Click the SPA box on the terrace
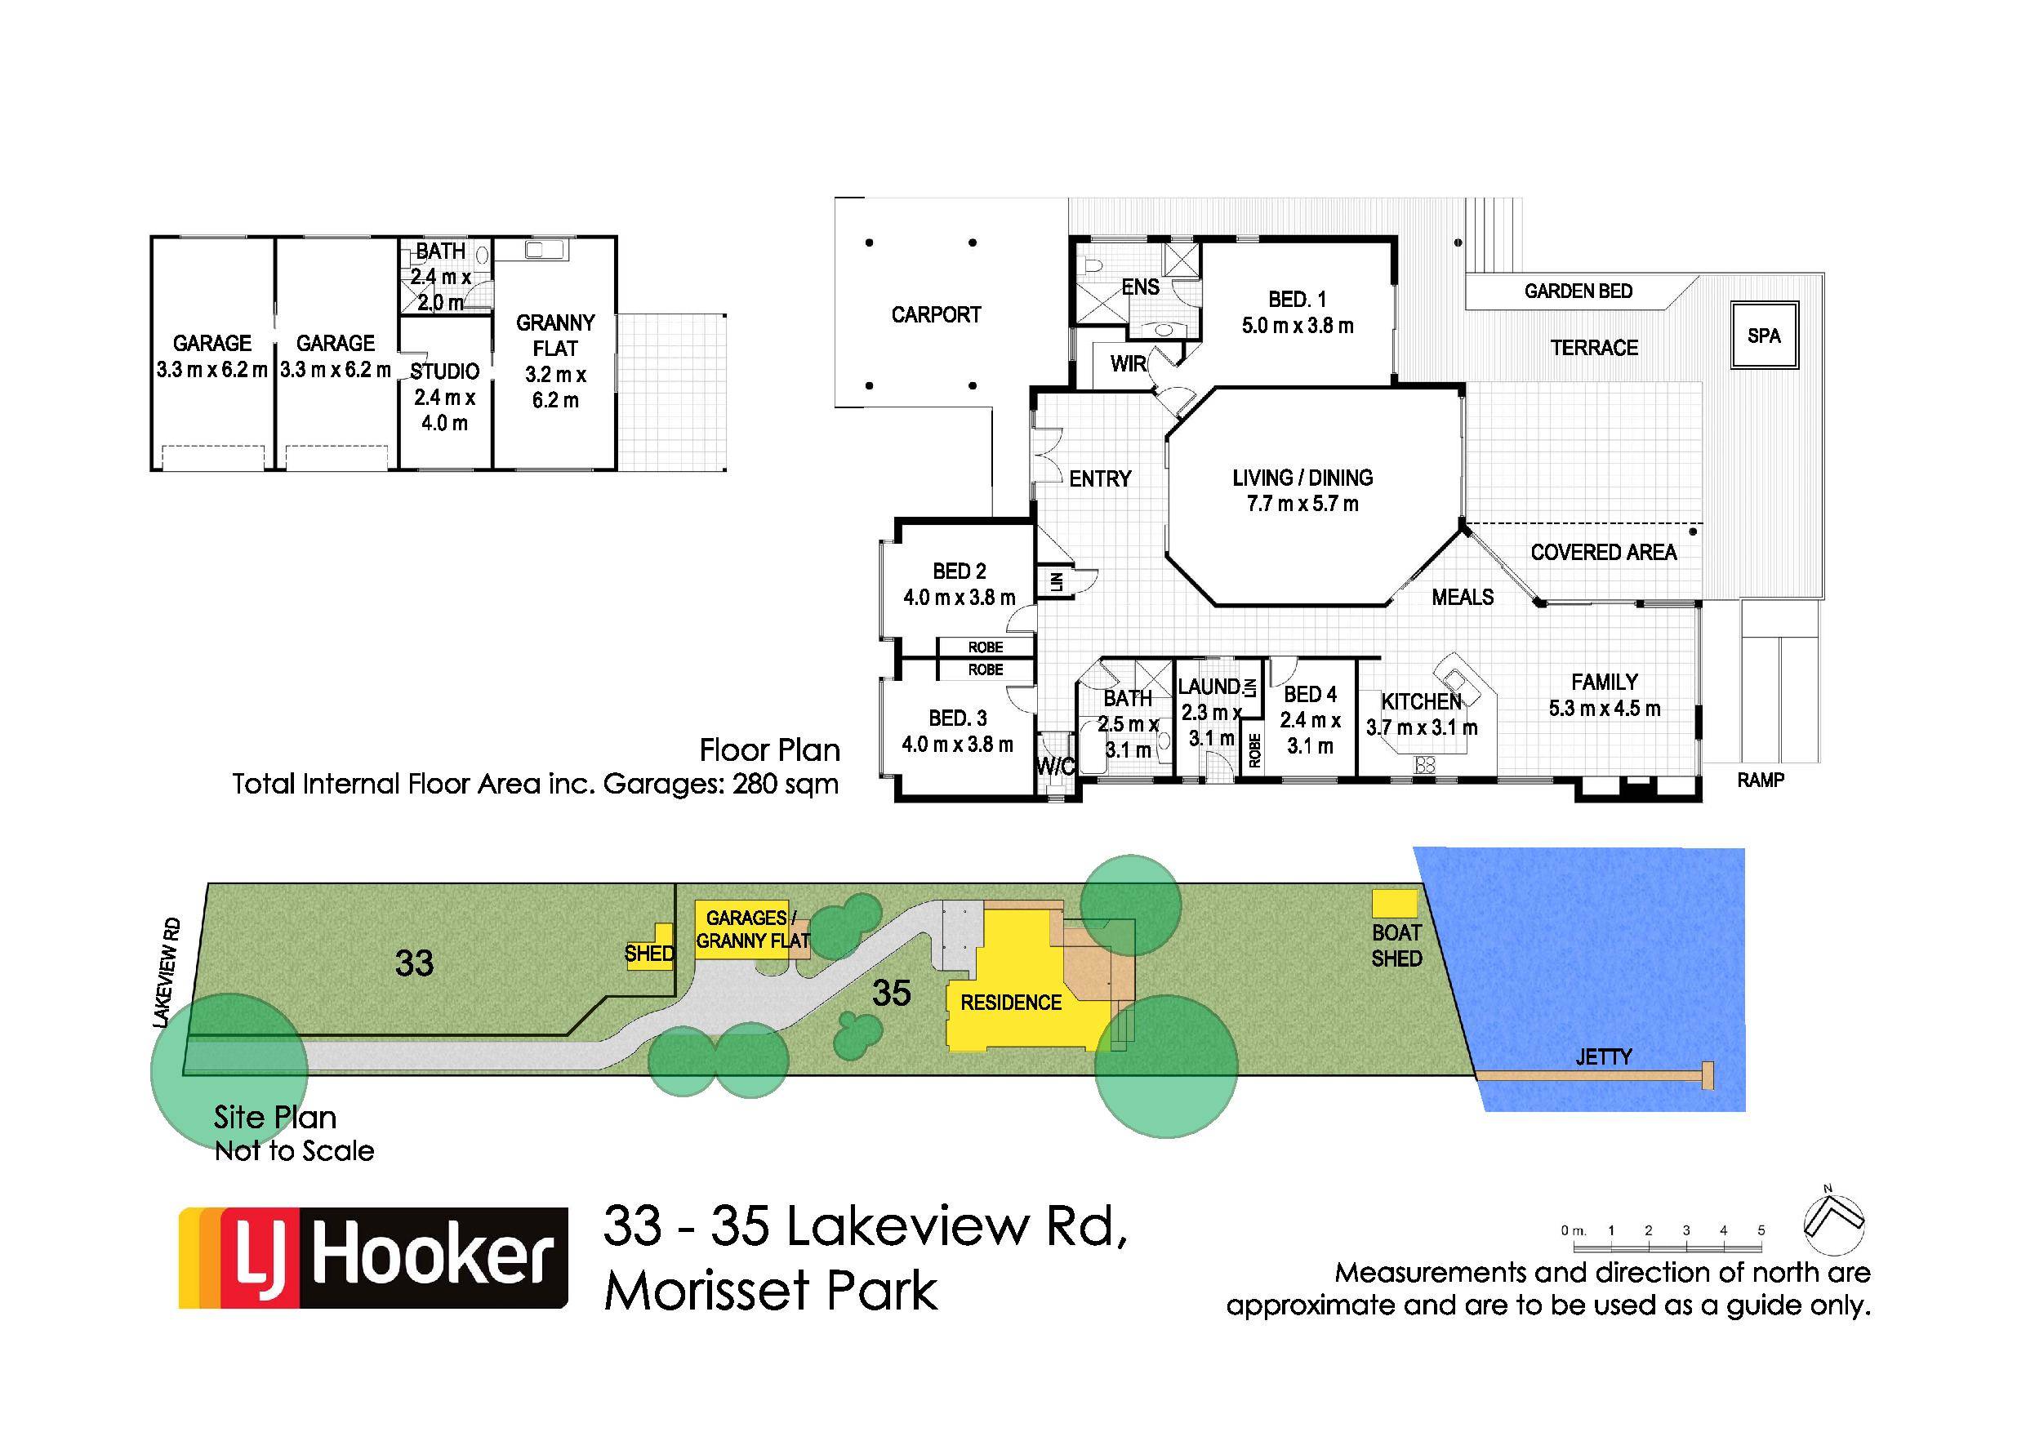coord(1764,336)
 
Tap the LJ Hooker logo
coord(373,1257)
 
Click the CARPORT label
coord(935,315)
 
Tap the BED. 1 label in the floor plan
coord(1297,300)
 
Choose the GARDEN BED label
coord(1578,291)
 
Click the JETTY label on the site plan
coord(1603,1056)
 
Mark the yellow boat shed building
coord(1394,904)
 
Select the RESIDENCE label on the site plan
coord(1010,1003)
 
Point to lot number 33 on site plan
coord(414,963)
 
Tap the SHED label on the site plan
coord(648,953)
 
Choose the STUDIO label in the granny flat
coord(445,371)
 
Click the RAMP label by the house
coord(1761,780)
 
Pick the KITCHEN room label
coord(1421,701)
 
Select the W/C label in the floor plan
coord(1054,767)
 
